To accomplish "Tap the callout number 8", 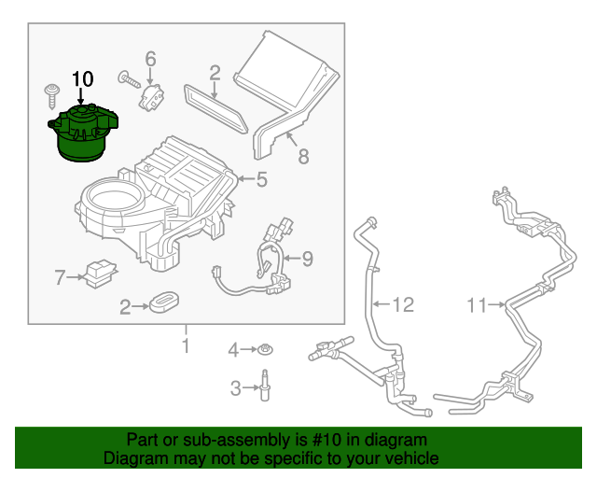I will coord(303,156).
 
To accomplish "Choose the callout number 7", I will coord(60,277).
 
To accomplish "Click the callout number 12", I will coord(402,303).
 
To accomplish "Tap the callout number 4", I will coord(234,350).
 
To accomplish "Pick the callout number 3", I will coord(235,387).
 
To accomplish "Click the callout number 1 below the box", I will coord(186,346).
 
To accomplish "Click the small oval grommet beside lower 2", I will coord(165,302).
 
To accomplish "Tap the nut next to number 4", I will coord(265,350).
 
